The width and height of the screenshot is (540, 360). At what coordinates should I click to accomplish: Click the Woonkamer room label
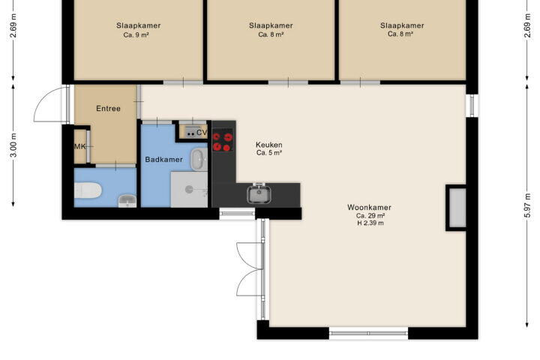click(x=369, y=208)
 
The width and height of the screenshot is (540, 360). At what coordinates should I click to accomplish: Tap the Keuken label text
click(x=269, y=145)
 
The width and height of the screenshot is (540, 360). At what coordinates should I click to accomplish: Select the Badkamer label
click(x=163, y=160)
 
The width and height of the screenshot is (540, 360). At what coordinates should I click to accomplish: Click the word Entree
click(x=108, y=109)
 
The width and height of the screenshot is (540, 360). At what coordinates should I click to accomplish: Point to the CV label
click(x=202, y=132)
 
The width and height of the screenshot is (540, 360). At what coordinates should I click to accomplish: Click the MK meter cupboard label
click(x=80, y=147)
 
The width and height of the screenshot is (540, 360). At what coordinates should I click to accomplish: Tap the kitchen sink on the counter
click(x=259, y=193)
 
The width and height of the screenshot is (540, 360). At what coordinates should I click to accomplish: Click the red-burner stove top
click(x=223, y=139)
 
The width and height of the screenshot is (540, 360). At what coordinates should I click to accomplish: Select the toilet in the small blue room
click(x=88, y=190)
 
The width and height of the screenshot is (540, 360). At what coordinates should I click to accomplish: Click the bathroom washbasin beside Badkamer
click(x=199, y=159)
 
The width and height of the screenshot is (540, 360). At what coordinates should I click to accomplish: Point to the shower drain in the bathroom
click(x=189, y=189)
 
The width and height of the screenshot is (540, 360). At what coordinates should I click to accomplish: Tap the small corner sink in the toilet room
click(x=127, y=201)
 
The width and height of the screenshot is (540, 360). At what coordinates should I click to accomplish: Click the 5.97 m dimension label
click(x=527, y=205)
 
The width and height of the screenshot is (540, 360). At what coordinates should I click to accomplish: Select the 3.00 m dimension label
click(x=13, y=145)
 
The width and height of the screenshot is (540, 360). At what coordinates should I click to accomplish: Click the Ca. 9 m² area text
click(x=136, y=34)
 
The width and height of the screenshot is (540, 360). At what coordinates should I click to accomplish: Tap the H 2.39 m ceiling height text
click(x=370, y=223)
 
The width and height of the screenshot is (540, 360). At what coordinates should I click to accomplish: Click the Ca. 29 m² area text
click(x=370, y=216)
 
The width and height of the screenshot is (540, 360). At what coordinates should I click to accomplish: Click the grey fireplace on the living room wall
click(x=456, y=208)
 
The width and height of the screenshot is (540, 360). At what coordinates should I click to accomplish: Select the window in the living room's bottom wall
click(x=368, y=333)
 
